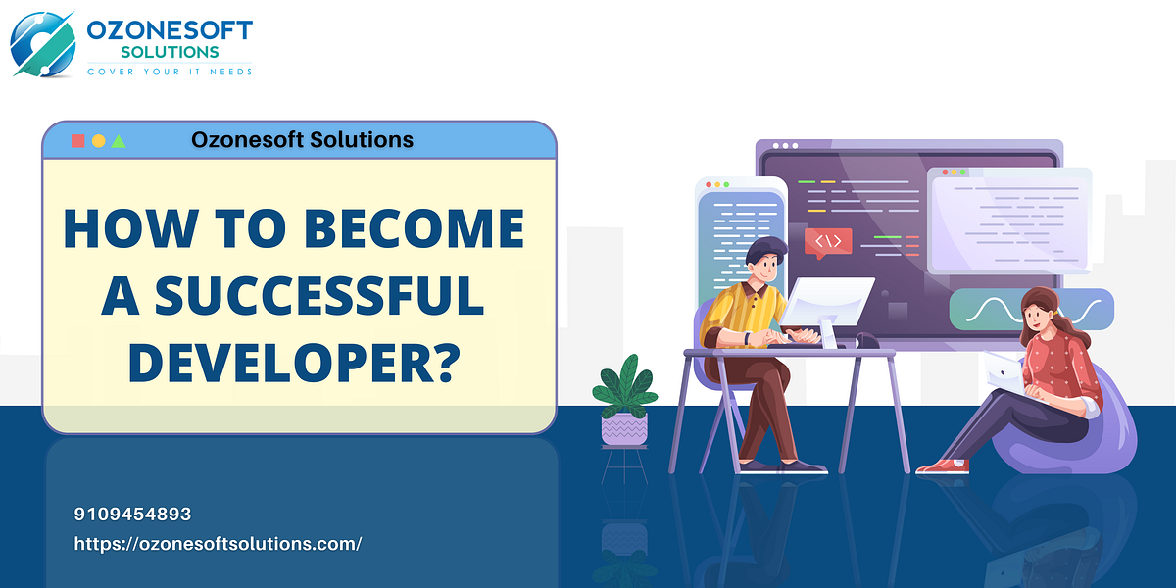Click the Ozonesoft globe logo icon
[41, 42]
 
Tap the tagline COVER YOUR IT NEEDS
[169, 71]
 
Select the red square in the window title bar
[77, 141]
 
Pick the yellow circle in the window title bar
[98, 141]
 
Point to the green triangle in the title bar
[119, 141]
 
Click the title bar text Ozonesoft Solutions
[302, 140]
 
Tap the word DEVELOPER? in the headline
[294, 362]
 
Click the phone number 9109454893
[132, 514]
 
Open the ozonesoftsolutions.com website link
[218, 543]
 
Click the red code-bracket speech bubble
[827, 241]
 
